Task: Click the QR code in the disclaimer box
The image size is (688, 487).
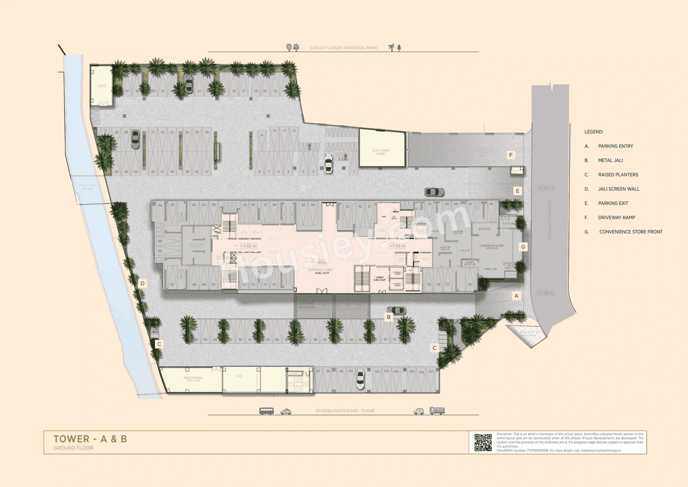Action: coord(483,442)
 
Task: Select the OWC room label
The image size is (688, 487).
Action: coord(100,86)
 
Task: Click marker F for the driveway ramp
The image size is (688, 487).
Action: coord(512,156)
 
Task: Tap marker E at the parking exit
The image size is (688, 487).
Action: coord(517,190)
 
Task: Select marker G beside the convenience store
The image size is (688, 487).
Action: coord(523,246)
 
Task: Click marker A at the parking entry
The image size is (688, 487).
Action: coord(517,295)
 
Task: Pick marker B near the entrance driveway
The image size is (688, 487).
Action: coord(389,317)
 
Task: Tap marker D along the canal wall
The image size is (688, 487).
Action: coord(142,283)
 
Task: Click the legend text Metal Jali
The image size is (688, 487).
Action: coord(611,160)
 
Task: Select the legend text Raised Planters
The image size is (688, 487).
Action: coord(614,175)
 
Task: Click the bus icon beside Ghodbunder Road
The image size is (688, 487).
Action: coord(266,411)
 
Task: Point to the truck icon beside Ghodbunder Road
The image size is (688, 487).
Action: coord(437,411)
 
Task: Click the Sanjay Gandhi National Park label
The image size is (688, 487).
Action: coord(343,48)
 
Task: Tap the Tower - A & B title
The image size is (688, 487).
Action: coord(90,439)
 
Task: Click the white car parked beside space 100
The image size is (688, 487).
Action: coord(360,380)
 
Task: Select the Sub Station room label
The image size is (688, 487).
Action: coord(192,379)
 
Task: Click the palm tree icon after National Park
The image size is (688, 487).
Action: coord(391,47)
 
